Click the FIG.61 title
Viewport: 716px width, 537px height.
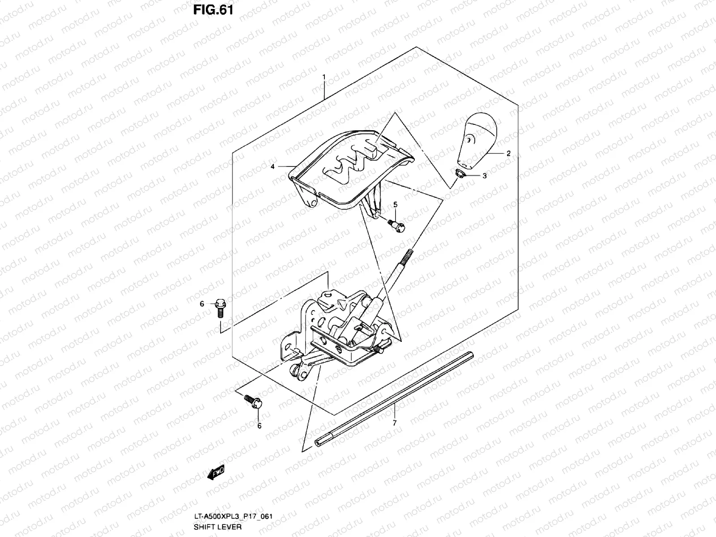tap(213, 10)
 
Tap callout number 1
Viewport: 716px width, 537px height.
tap(324, 77)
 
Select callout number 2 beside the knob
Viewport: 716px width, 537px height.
tap(508, 153)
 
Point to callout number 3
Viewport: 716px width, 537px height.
tap(484, 176)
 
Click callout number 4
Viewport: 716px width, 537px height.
tap(272, 166)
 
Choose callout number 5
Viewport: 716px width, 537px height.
tap(395, 205)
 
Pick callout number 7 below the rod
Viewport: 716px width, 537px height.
tap(394, 422)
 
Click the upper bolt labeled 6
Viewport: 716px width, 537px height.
tap(220, 306)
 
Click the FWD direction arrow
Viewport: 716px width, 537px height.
tap(215, 472)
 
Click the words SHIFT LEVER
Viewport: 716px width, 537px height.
tap(217, 527)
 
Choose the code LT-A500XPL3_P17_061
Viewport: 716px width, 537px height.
tap(233, 516)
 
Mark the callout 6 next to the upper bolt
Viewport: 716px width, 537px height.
tap(202, 304)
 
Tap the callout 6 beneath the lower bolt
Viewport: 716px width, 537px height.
tap(259, 426)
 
